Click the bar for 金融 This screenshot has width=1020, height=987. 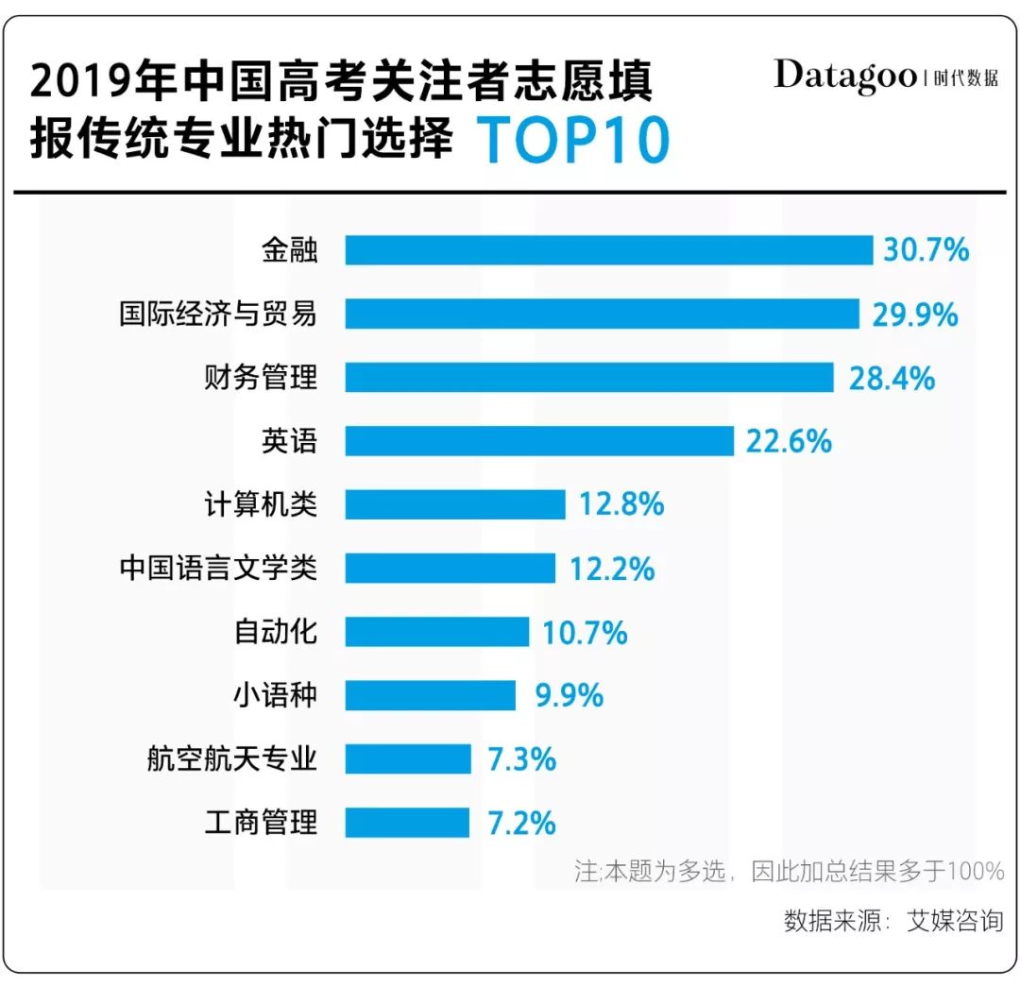(x=608, y=250)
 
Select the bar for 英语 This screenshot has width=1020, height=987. (x=539, y=441)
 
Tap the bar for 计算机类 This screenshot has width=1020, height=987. (x=454, y=504)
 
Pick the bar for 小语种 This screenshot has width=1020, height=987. (x=430, y=695)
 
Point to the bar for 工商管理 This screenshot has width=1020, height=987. (x=406, y=823)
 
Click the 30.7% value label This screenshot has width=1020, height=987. (x=926, y=250)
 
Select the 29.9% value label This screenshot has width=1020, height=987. (x=914, y=314)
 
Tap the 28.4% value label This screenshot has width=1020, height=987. (x=891, y=378)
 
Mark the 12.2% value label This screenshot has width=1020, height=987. (x=611, y=569)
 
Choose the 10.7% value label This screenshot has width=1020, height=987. (x=585, y=632)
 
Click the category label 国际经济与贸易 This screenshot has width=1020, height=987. (x=218, y=314)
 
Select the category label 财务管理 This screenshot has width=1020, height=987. (x=261, y=378)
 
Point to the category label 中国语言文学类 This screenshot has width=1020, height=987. (x=218, y=569)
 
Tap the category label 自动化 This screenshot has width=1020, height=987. (x=275, y=632)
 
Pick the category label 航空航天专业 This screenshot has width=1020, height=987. (x=231, y=759)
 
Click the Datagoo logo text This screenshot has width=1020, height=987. (x=844, y=76)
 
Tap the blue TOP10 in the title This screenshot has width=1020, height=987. (x=573, y=140)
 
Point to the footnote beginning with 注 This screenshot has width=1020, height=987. (x=789, y=870)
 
